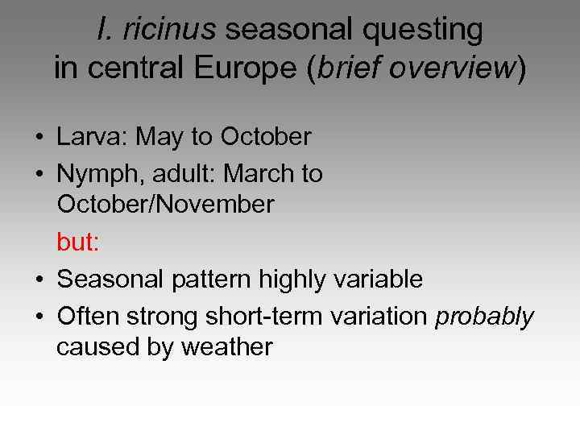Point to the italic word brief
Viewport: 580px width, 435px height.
pos(350,68)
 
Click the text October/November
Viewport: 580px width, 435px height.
pos(165,205)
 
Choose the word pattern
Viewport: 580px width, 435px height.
pos(212,280)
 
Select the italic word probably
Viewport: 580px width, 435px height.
pos(483,317)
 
